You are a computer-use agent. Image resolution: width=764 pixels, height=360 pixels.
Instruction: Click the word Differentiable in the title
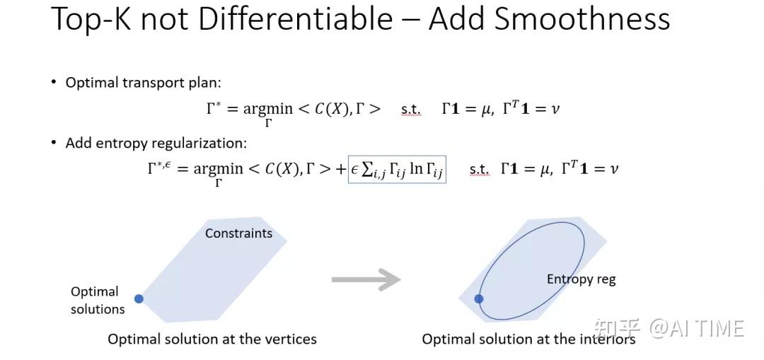(x=295, y=19)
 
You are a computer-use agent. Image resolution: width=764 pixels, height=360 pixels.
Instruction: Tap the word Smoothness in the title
(x=581, y=19)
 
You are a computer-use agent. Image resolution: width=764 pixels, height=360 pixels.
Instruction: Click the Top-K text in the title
(x=91, y=20)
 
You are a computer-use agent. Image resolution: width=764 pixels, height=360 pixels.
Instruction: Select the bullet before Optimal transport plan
(x=54, y=82)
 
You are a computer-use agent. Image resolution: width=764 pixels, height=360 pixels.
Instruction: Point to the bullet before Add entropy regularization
(x=54, y=142)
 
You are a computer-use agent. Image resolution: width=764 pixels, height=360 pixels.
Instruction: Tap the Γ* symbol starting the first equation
(x=214, y=108)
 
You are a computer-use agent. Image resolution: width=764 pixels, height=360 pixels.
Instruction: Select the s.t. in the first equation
(x=410, y=110)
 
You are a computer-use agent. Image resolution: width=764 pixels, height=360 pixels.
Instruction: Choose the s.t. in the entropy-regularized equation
(x=479, y=170)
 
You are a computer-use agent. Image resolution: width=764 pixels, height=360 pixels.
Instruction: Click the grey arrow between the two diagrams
(x=366, y=279)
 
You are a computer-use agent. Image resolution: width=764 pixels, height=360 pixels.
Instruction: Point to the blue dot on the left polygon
(x=139, y=298)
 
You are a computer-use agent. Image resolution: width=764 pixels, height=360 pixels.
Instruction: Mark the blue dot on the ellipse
(x=479, y=298)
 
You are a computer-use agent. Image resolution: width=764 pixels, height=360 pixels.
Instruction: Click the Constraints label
(x=239, y=233)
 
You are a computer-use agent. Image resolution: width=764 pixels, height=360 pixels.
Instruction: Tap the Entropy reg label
(x=581, y=279)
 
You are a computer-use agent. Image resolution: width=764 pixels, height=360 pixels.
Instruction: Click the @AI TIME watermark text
(x=696, y=328)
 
